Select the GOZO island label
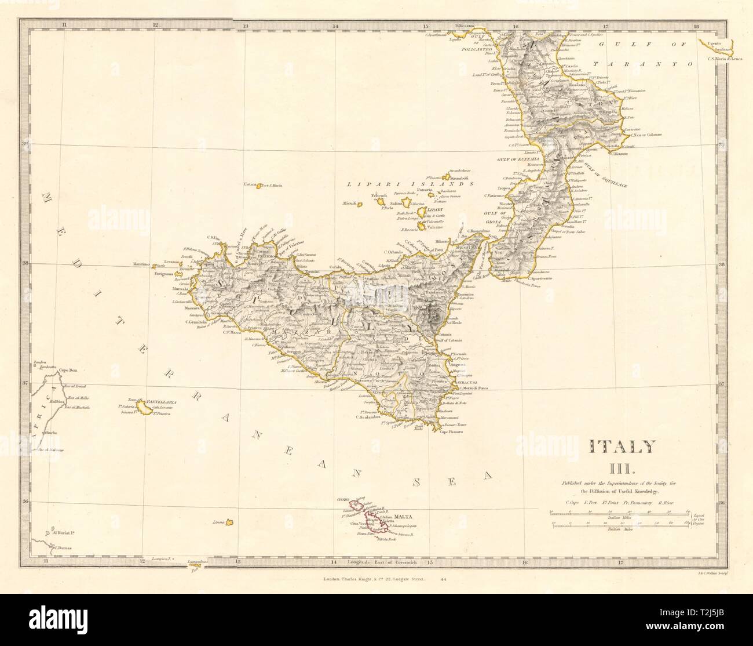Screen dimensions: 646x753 tap(345, 498)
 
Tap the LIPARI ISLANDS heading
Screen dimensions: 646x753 tap(410, 183)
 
